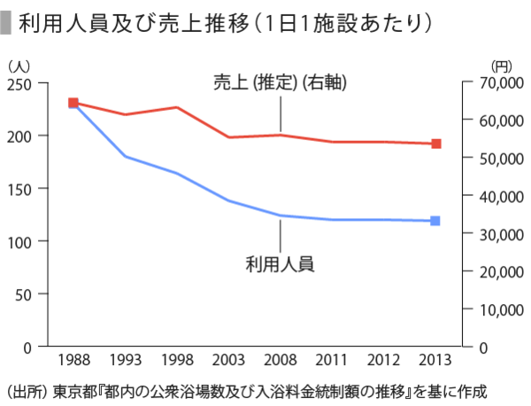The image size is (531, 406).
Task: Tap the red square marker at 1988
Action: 73,103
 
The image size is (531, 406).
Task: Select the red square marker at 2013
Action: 435,144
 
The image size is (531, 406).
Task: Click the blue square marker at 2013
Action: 435,221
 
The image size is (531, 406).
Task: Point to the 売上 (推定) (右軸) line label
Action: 279,84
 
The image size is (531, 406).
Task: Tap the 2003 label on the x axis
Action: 228,361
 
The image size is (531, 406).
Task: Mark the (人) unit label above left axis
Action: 19,65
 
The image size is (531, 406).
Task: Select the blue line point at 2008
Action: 281,215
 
